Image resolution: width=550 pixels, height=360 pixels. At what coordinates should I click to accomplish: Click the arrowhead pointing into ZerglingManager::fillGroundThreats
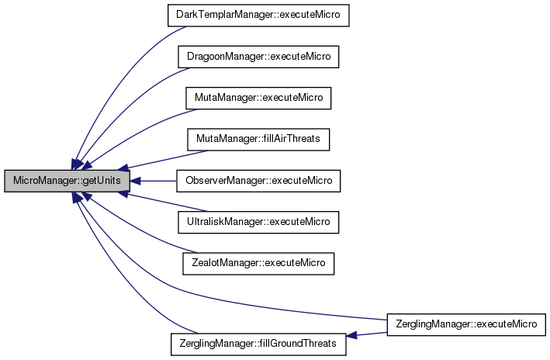pos(352,336)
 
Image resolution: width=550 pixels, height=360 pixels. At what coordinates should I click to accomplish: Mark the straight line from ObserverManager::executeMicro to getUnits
pos(155,181)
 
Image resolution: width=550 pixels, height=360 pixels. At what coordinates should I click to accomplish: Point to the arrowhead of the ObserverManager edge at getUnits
pos(134,181)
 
